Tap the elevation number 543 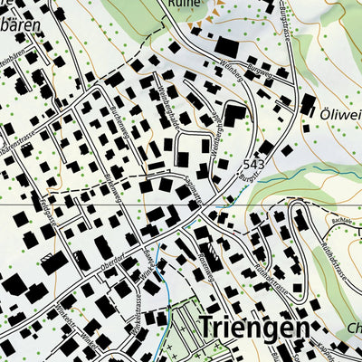(254, 165)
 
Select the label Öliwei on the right (339, 114)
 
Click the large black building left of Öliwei (308, 104)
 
